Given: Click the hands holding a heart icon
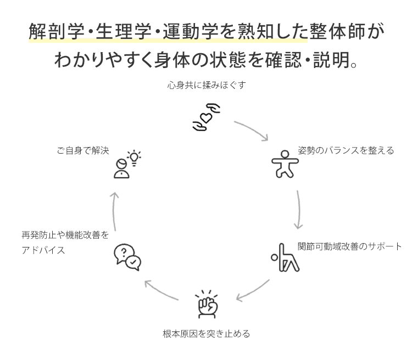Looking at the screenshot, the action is pos(207,117).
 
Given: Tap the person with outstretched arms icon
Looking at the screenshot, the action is pos(285,164).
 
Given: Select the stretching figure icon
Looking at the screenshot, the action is pos(285,257).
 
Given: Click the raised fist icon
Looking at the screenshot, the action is pos(208,304).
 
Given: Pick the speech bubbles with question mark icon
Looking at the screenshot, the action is pos(127,257).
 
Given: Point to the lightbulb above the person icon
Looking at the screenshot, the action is pos(134,158).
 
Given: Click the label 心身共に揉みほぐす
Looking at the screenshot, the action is pos(207,85).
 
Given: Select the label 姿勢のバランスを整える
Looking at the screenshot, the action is pos(346,150).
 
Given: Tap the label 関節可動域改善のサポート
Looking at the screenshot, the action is pos(349,246).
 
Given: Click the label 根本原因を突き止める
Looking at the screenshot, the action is pos(206,334).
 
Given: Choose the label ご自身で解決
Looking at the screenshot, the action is pos(83,150).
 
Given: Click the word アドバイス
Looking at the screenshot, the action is pos(43,250).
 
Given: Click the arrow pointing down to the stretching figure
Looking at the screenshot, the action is pos(299,210).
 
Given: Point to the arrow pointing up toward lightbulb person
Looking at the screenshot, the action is pos(114,211).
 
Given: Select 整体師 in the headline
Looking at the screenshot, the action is pos(337,31).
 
